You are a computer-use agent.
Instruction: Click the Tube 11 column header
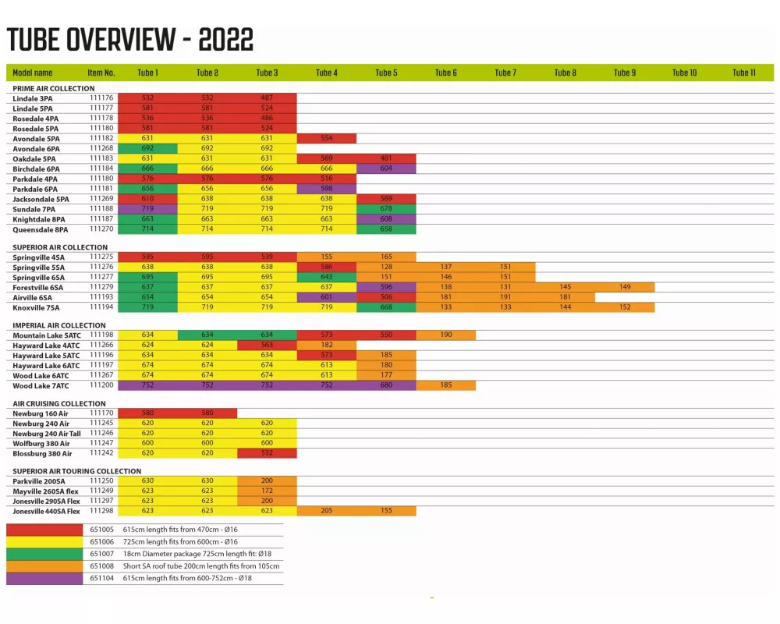743,73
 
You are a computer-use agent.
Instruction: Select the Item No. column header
101,73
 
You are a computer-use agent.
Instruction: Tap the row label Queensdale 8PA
41,230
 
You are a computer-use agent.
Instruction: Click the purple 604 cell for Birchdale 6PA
386,168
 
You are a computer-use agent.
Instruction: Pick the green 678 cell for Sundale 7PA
386,209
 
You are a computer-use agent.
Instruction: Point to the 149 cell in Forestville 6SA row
625,287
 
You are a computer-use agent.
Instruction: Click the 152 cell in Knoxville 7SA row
625,307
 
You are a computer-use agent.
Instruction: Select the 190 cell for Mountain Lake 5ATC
446,335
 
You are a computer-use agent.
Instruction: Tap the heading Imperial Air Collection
59,325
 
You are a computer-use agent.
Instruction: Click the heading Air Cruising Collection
59,404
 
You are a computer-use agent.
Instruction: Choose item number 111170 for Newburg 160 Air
101,413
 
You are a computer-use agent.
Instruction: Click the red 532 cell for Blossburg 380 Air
267,453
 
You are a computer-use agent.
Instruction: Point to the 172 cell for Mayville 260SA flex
267,491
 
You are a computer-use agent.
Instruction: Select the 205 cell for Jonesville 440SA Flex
327,511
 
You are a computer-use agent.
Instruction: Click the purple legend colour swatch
44,579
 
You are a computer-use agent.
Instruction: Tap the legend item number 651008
101,566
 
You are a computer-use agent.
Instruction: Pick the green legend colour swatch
44,554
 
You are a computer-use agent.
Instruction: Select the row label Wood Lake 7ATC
41,386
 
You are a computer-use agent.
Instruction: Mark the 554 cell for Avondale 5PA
327,138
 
